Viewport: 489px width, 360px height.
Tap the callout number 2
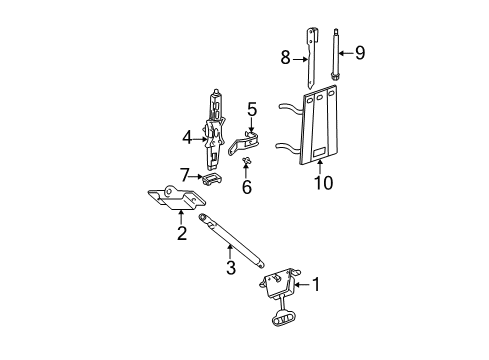tap(181, 234)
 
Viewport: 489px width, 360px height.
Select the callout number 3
tap(230, 268)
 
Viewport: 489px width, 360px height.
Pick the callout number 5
tap(253, 109)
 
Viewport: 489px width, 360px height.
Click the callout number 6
tap(246, 187)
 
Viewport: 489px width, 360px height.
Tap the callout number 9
tap(360, 53)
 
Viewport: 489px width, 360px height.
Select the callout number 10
tap(321, 184)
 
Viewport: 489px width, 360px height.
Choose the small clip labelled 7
tap(209, 180)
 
